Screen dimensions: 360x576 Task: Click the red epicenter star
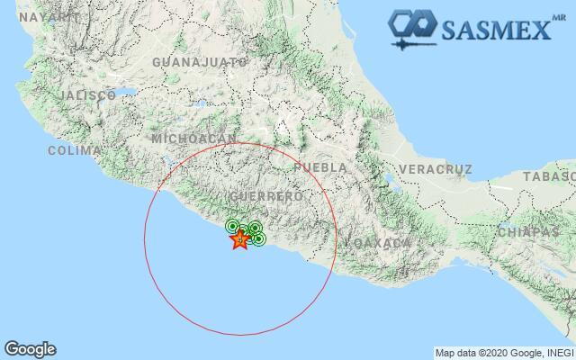click(x=239, y=239)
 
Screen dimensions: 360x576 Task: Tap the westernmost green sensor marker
click(x=232, y=226)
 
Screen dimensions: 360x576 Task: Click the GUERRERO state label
click(x=265, y=196)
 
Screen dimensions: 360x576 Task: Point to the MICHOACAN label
click(x=193, y=139)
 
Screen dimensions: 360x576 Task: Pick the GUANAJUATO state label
click(x=200, y=62)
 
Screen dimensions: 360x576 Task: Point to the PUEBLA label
click(x=319, y=168)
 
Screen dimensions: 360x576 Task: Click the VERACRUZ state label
click(x=435, y=169)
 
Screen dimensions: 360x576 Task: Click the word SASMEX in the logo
click(x=496, y=31)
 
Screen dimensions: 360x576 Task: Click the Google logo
click(x=30, y=349)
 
